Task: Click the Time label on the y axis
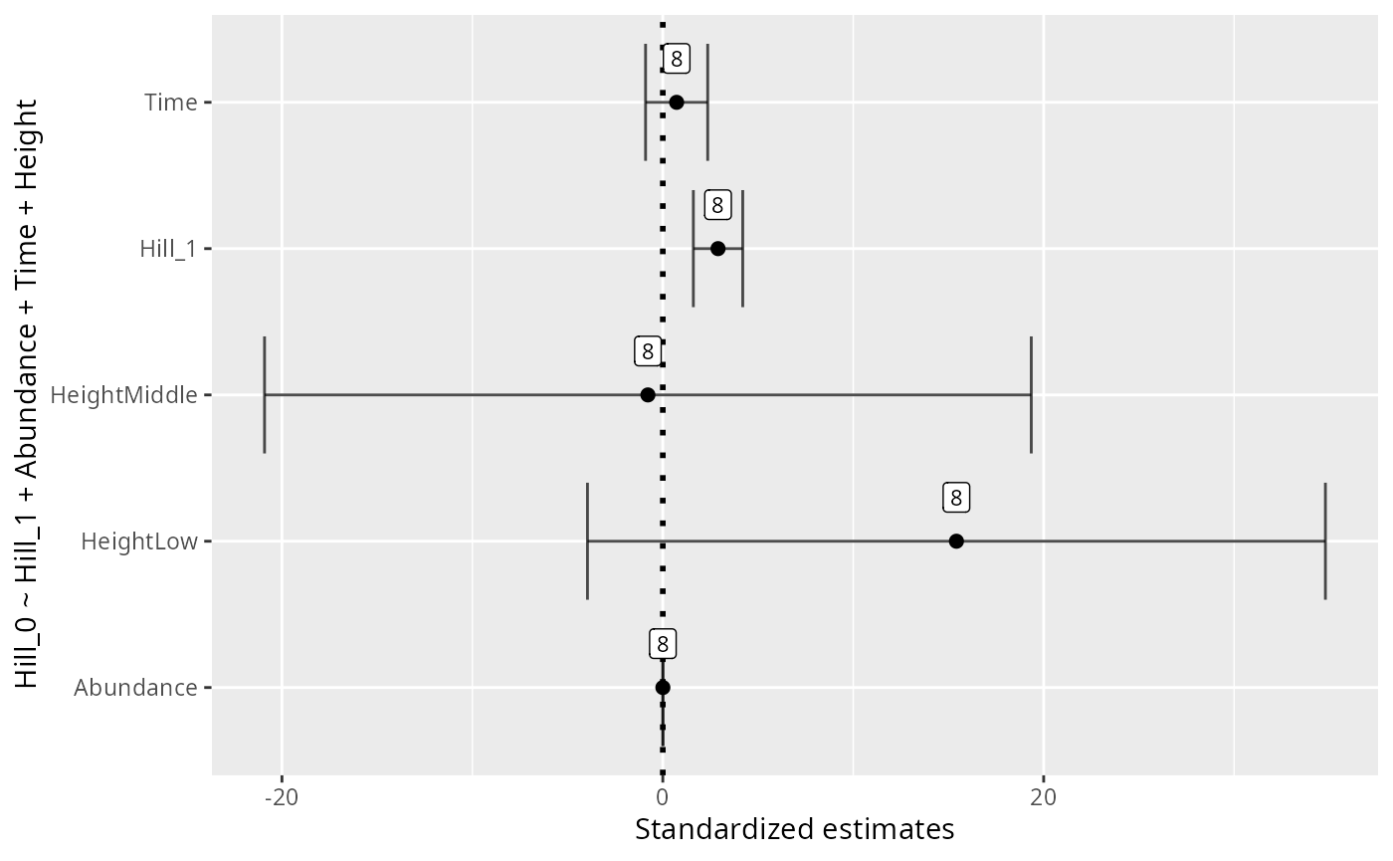click(170, 103)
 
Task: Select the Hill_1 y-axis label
click(168, 249)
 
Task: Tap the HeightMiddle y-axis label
click(123, 395)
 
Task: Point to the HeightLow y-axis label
click(139, 541)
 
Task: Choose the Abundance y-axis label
click(135, 688)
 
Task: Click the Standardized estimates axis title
click(794, 829)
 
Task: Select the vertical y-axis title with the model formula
click(27, 394)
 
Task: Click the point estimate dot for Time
click(677, 103)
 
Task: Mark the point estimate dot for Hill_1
click(717, 249)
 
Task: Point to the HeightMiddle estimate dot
click(648, 395)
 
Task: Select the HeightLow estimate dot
click(956, 541)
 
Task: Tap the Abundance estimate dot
click(663, 688)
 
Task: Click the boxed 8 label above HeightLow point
click(956, 498)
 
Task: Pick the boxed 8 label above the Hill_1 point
click(717, 205)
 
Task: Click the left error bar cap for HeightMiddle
click(265, 395)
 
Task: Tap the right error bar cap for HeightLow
click(1325, 541)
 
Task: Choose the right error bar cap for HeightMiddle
click(1031, 395)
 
